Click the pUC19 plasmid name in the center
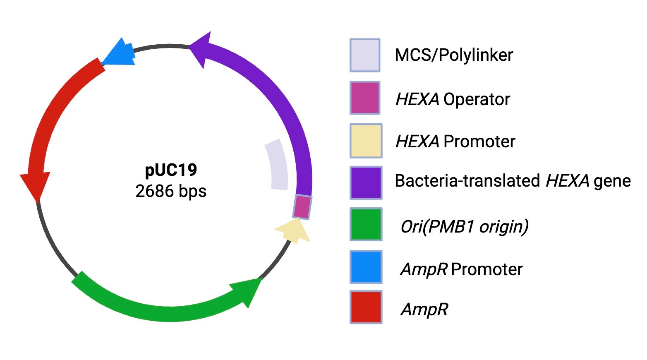coord(171,170)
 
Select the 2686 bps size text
coord(171,191)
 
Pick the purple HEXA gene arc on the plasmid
coord(281,103)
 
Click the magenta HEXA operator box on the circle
coord(302,206)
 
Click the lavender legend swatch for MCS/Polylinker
coord(365,55)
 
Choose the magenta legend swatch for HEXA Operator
coord(365,98)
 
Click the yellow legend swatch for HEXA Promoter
coord(366,141)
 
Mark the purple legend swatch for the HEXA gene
coord(366,182)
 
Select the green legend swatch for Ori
coord(366,225)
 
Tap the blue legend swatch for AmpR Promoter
coord(366,267)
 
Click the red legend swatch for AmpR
coord(366,307)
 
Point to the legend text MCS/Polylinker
coord(454,55)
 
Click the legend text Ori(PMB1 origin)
coord(464,226)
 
